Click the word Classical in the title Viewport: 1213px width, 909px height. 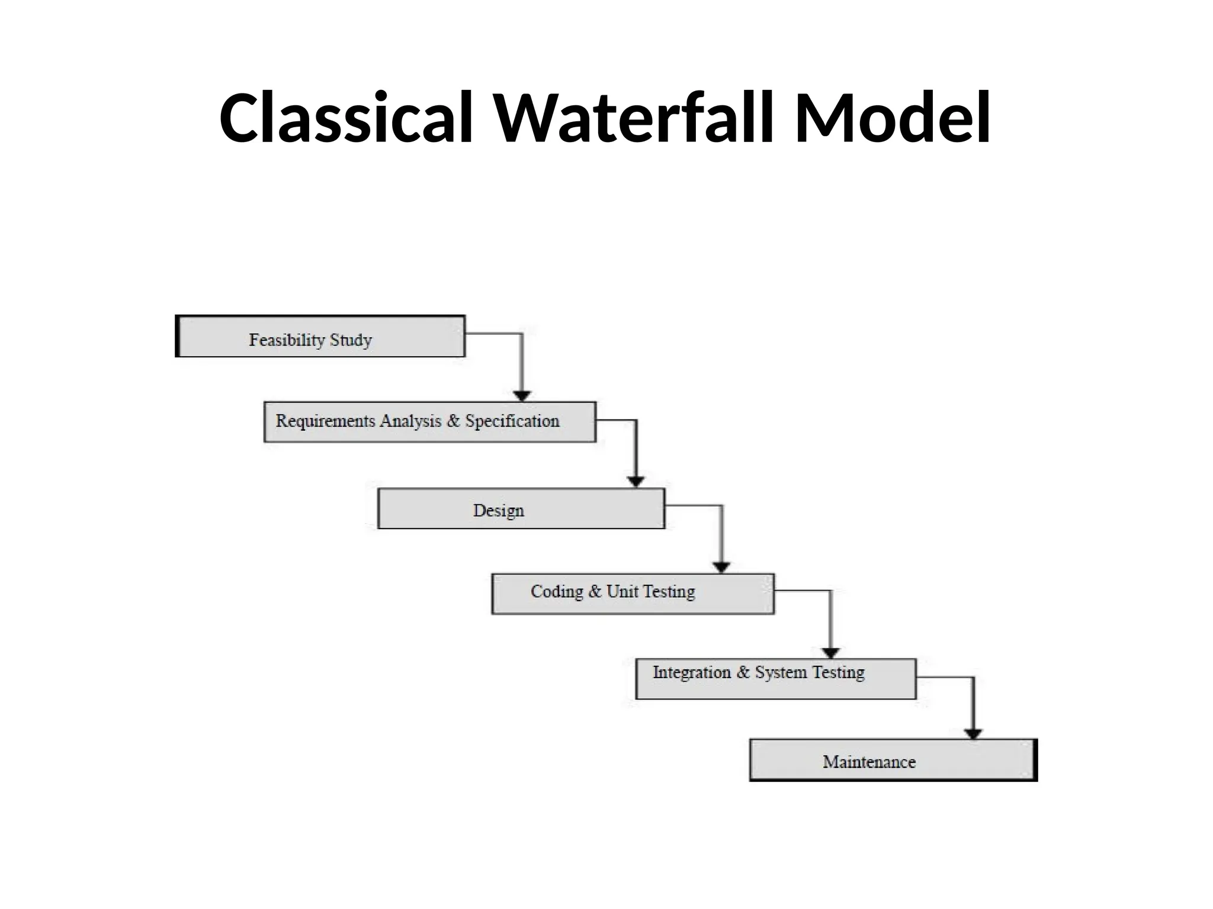point(346,118)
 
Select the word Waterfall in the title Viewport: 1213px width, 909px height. point(634,118)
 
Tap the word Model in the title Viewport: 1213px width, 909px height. point(893,118)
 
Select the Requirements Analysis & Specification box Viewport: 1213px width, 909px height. point(429,422)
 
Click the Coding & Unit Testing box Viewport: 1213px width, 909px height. point(633,594)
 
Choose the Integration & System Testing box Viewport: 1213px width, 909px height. point(776,679)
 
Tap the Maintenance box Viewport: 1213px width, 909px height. point(893,760)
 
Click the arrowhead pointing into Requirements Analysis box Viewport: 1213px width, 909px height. point(522,396)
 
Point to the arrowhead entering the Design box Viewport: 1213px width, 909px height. point(636,481)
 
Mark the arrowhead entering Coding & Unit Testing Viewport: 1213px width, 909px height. point(721,567)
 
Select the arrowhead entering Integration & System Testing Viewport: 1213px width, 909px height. point(831,653)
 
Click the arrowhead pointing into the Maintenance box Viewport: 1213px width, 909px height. point(973,734)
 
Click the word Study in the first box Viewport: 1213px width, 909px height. point(351,340)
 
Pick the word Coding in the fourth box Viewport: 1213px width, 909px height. point(557,591)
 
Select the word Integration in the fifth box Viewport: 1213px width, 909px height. point(691,672)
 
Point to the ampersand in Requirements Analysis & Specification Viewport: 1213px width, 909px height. point(453,421)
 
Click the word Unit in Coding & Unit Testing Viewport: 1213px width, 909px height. point(622,591)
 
